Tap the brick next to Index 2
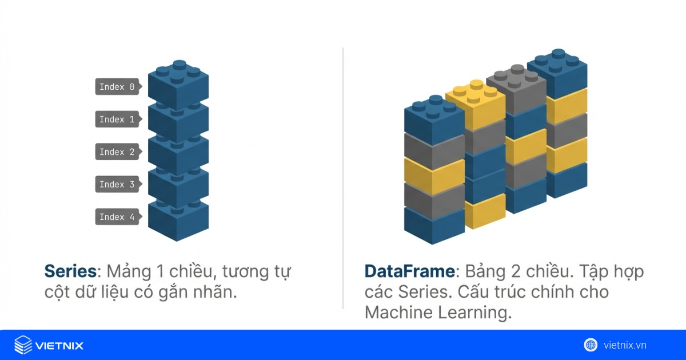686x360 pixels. (178, 155)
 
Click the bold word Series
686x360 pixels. (70, 271)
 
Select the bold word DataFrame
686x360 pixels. (410, 271)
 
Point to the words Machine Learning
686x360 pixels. (438, 313)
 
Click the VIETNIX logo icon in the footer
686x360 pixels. (23, 345)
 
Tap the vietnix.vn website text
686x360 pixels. (625, 345)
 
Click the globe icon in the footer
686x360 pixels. (591, 345)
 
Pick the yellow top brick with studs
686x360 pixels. (476, 104)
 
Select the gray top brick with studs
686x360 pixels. (516, 89)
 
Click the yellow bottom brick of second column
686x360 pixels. (485, 211)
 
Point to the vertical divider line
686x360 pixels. (342, 178)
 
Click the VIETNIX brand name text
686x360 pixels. (59, 346)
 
